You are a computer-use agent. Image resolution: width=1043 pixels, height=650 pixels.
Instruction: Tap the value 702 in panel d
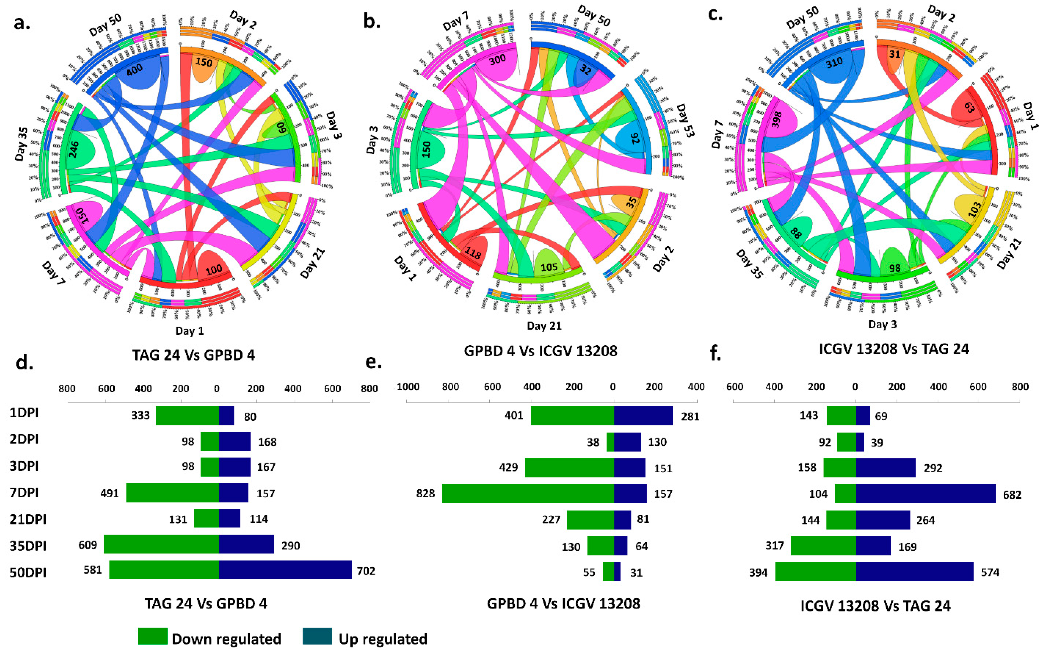click(366, 571)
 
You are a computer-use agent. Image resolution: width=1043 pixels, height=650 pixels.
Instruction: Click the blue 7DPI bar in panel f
click(925, 494)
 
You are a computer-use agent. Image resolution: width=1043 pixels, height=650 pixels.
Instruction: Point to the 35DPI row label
click(27, 546)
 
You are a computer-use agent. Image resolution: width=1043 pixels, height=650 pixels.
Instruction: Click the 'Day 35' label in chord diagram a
click(22, 144)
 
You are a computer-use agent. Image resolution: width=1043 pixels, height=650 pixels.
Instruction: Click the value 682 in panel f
click(1012, 495)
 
